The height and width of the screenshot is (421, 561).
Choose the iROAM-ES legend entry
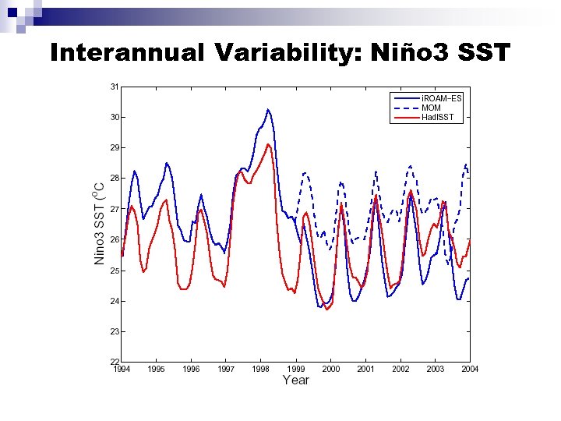(x=443, y=98)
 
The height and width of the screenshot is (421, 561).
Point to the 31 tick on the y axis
(x=115, y=86)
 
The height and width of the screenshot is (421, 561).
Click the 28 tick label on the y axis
(x=115, y=178)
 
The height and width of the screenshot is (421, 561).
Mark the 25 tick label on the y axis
(x=115, y=271)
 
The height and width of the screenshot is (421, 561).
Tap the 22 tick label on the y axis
(x=115, y=362)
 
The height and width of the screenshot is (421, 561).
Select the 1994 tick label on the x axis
(x=122, y=369)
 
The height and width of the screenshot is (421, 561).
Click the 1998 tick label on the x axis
(x=261, y=369)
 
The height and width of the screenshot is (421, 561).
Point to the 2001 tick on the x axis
(x=365, y=369)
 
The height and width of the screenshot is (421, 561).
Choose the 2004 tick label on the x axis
(x=469, y=369)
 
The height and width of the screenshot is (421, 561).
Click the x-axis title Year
(x=295, y=380)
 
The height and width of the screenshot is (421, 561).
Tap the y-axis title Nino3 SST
(x=100, y=225)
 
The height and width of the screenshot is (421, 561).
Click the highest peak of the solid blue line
(x=268, y=109)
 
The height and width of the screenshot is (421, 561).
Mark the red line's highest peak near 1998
(x=269, y=144)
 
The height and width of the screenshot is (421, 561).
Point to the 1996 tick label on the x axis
(x=191, y=369)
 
